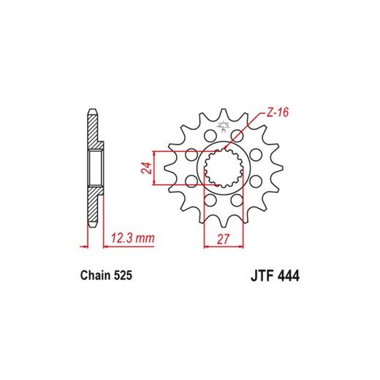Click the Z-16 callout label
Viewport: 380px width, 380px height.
point(278,113)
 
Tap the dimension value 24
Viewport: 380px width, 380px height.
point(147,168)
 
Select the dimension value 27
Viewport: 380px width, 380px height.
point(223,239)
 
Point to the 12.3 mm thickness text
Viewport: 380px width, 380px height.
point(133,238)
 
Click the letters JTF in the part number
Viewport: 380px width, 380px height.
point(261,276)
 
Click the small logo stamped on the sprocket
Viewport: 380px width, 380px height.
point(224,126)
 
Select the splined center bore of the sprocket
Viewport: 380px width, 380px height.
point(224,168)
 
